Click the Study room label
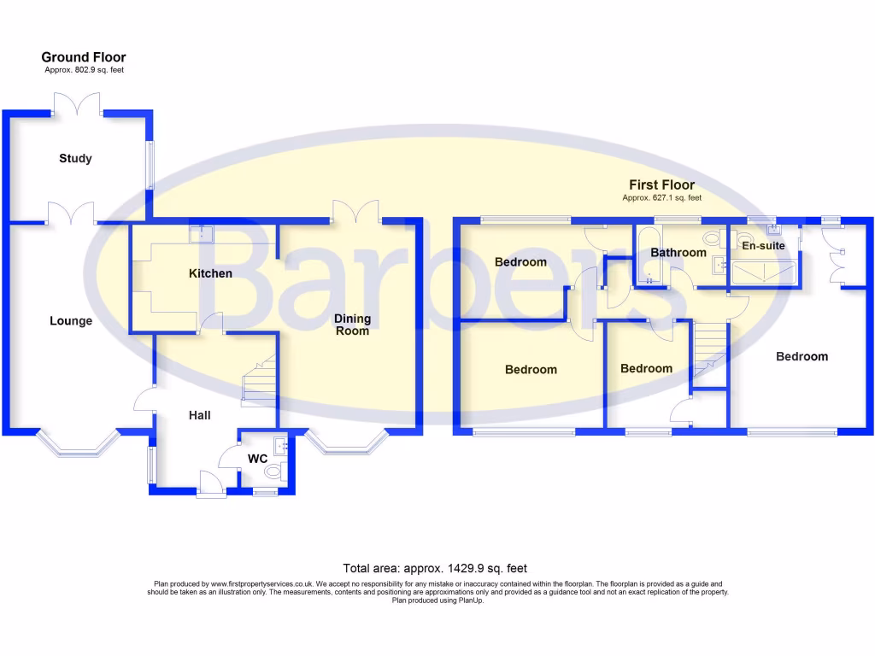click(75, 158)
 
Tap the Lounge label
click(71, 321)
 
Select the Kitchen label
click(210, 273)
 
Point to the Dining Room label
click(352, 325)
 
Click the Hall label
click(200, 415)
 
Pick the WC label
click(258, 459)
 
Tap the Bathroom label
click(678, 253)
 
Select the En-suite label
click(763, 246)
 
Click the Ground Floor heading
click(84, 57)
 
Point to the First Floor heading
click(661, 184)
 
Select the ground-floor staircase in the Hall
click(259, 380)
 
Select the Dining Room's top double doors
click(356, 211)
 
